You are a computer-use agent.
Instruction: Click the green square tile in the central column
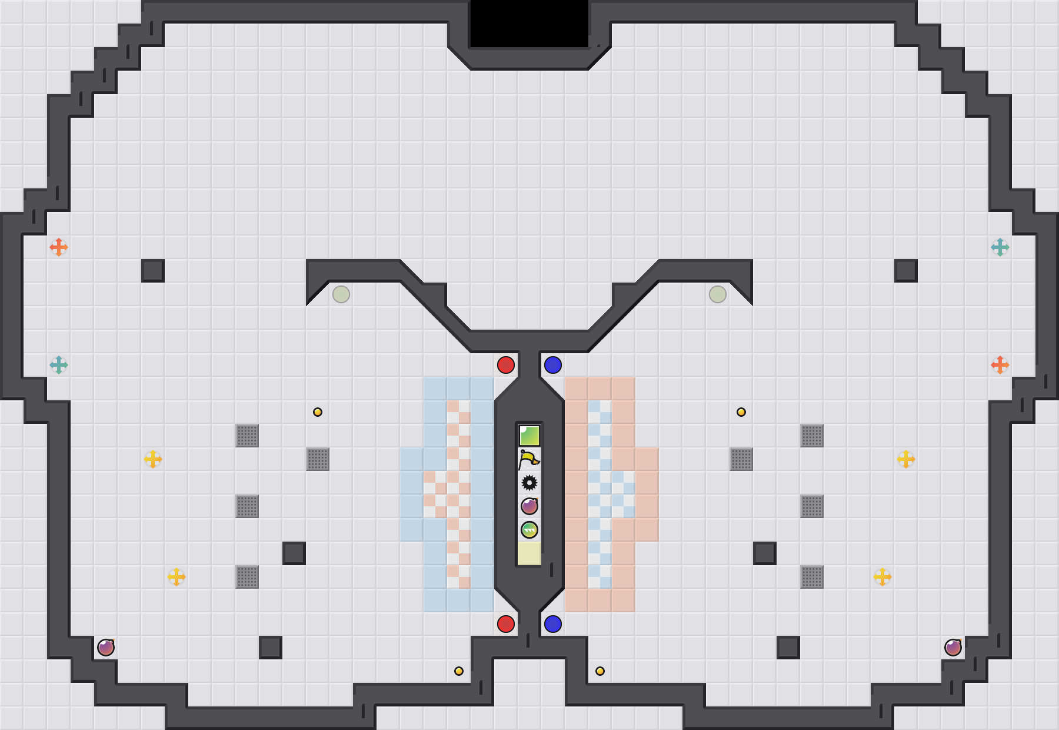(x=529, y=436)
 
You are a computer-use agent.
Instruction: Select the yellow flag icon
(x=529, y=459)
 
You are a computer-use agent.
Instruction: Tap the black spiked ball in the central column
(x=529, y=483)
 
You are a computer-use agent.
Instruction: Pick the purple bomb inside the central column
(x=529, y=506)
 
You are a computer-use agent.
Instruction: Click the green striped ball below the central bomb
(x=529, y=530)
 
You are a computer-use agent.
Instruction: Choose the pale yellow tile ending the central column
(x=529, y=553)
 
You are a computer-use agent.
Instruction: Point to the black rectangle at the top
(x=529, y=24)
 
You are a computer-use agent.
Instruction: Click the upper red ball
(x=506, y=365)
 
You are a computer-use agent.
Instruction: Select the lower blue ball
(x=553, y=624)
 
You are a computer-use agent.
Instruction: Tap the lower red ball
(x=506, y=624)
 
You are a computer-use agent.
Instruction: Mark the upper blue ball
(x=553, y=365)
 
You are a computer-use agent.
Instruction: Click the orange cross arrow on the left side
(x=59, y=247)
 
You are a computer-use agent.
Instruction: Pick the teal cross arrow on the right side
(x=1000, y=247)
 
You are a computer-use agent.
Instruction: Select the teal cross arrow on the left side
(x=59, y=365)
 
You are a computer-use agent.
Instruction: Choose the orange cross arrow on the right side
(x=1000, y=365)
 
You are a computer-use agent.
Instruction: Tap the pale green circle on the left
(x=341, y=294)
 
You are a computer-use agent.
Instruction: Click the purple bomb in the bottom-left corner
(x=106, y=648)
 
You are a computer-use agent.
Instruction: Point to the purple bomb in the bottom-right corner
(x=953, y=648)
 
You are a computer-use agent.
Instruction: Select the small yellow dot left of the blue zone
(x=318, y=412)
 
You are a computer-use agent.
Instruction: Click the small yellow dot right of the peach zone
(x=741, y=412)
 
